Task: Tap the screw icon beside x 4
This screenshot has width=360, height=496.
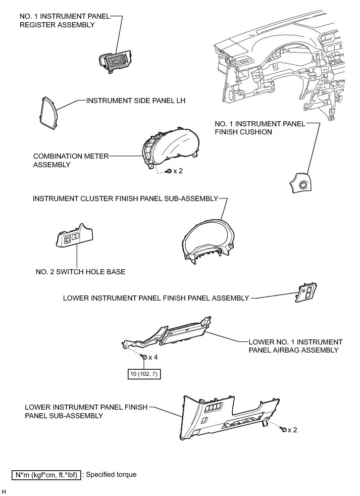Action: pos(144,357)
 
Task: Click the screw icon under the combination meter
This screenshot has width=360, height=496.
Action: pos(169,171)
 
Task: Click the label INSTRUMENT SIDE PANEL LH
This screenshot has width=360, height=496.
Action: pos(136,101)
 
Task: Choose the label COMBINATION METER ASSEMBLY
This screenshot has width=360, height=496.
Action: pos(71,160)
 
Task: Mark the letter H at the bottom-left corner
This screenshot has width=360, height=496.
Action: pos(4,491)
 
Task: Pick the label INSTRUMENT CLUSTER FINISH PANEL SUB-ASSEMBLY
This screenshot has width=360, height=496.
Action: pos(125,199)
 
